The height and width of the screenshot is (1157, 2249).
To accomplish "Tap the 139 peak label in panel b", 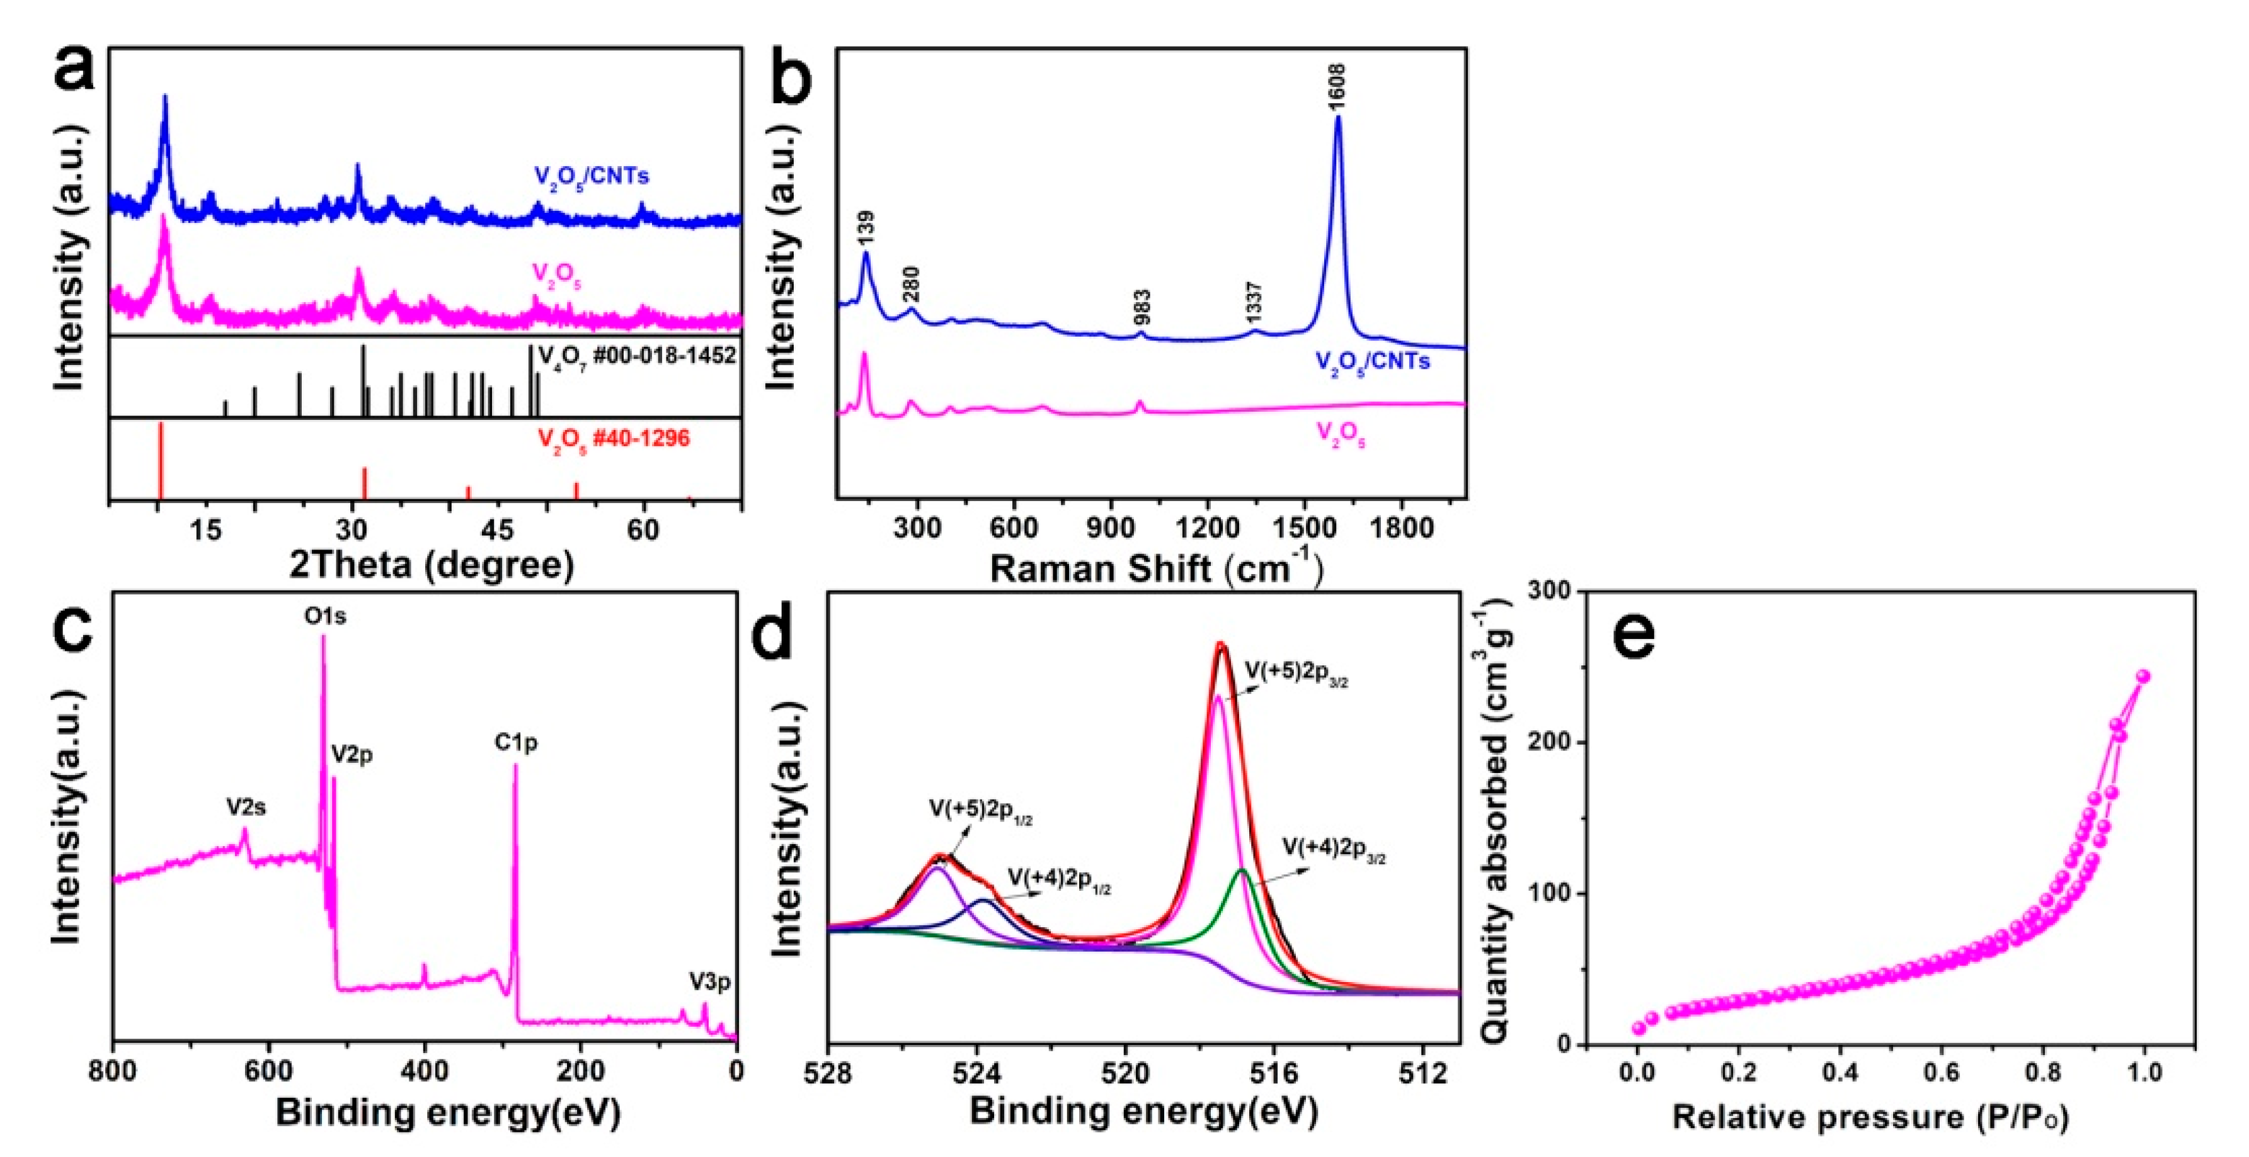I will point(866,227).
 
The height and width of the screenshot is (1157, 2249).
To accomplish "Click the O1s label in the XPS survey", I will point(325,616).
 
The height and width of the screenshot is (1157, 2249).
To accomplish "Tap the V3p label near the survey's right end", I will point(709,983).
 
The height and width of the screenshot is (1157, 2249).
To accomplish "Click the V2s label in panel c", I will point(246,808).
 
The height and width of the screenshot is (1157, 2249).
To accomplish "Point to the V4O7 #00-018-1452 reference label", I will point(638,356).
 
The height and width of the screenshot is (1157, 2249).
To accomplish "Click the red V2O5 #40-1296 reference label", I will point(614,439).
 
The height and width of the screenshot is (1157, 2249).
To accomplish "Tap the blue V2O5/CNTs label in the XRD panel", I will point(592,177).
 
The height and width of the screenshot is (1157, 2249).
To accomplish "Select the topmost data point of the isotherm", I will point(2143,676).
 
